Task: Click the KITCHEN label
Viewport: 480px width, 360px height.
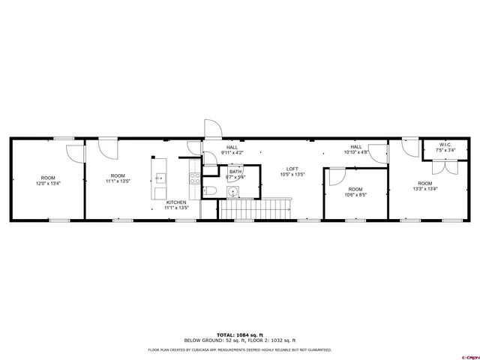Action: click(x=176, y=202)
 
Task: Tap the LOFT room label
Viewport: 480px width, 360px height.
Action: click(x=289, y=169)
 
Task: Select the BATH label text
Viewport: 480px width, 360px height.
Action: click(x=235, y=172)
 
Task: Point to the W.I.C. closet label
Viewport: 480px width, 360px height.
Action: click(x=445, y=145)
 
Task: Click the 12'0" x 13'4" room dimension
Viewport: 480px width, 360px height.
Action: click(x=48, y=183)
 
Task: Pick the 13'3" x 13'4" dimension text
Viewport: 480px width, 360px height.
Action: click(x=425, y=189)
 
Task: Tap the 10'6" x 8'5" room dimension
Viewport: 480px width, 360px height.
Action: click(x=355, y=195)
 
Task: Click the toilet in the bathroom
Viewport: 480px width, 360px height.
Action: click(x=212, y=190)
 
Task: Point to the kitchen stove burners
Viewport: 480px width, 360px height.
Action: click(x=194, y=178)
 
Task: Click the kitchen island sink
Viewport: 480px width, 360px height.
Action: click(x=160, y=178)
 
